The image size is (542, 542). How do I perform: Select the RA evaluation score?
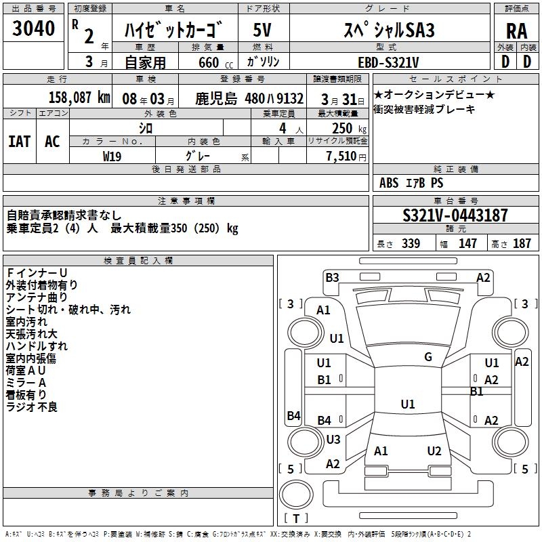coord(516,31)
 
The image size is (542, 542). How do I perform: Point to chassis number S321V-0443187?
coord(455,216)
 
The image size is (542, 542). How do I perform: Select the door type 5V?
coord(263,30)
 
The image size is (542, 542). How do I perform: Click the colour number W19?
coord(112,155)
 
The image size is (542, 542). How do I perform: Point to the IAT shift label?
coord(19,142)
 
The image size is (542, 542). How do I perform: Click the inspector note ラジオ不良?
coord(32,406)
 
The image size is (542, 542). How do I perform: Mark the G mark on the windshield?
coord(428,357)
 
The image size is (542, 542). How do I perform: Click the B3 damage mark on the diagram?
coord(332,277)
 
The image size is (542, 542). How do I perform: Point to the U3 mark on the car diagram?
coord(333,440)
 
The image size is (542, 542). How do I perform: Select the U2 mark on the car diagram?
coord(434,451)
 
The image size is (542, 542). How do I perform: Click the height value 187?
coord(522,244)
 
